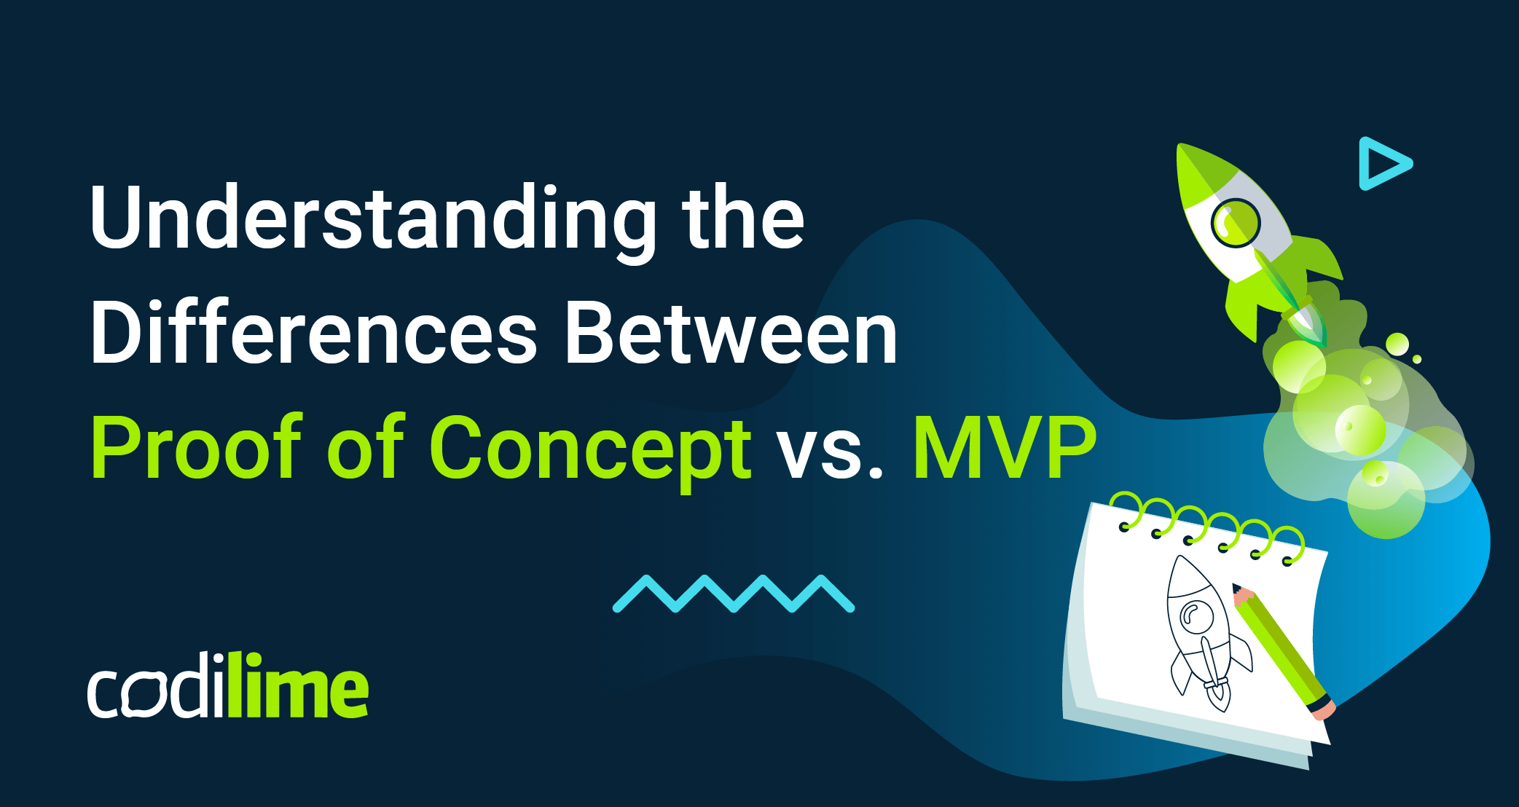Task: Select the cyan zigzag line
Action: point(733,594)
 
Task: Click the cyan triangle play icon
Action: point(1382,163)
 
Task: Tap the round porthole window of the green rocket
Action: point(1236,221)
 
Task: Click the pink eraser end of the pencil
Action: point(1323,709)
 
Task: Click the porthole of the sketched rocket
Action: point(1195,616)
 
